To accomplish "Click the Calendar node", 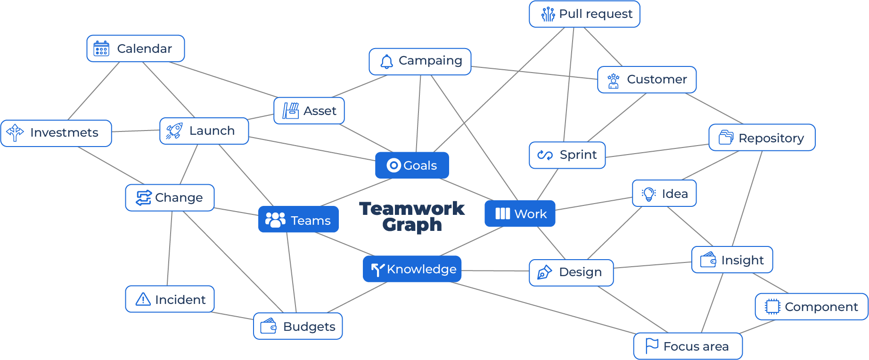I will tap(136, 49).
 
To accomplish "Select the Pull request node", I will tap(584, 14).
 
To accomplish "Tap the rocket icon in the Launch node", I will tap(174, 131).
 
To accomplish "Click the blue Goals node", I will tap(412, 165).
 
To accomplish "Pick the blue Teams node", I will tap(298, 220).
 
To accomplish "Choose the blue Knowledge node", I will tap(412, 269).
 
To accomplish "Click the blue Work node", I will tap(520, 214).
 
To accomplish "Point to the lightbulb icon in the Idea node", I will tap(649, 194).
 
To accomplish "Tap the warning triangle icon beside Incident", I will tap(143, 299).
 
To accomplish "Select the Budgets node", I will tap(298, 326).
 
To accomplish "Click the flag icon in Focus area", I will tap(652, 346).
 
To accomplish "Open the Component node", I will tap(812, 307).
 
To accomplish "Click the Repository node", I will tap(762, 138).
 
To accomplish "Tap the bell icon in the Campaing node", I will tap(386, 62).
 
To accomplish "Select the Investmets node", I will tap(56, 133).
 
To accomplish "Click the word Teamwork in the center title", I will tap(412, 208).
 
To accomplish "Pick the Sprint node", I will tap(567, 155).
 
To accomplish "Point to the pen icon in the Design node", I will tap(544, 272).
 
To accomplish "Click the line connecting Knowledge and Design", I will tap(495, 271).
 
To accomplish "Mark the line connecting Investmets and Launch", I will tap(136, 131).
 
